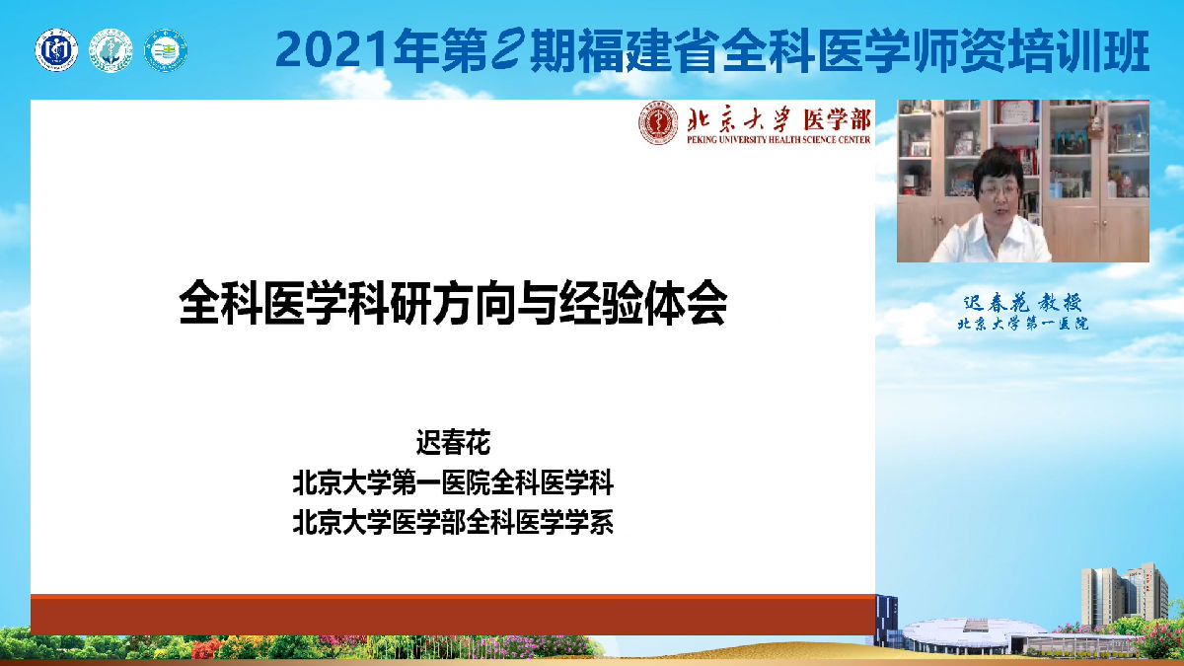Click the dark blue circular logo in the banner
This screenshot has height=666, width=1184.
(x=56, y=49)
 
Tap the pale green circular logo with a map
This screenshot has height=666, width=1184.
(x=111, y=49)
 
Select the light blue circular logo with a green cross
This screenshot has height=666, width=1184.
(x=165, y=49)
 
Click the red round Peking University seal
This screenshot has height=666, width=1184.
(x=658, y=125)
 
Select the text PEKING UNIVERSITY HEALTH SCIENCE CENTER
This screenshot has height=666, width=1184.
(x=777, y=140)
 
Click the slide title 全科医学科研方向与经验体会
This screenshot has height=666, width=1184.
(x=453, y=305)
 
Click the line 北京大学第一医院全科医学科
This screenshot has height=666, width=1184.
(x=453, y=483)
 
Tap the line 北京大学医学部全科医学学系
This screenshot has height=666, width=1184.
(x=453, y=521)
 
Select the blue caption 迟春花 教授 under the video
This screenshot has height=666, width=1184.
(x=1022, y=303)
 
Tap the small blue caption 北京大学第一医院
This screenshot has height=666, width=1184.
(x=1022, y=324)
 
